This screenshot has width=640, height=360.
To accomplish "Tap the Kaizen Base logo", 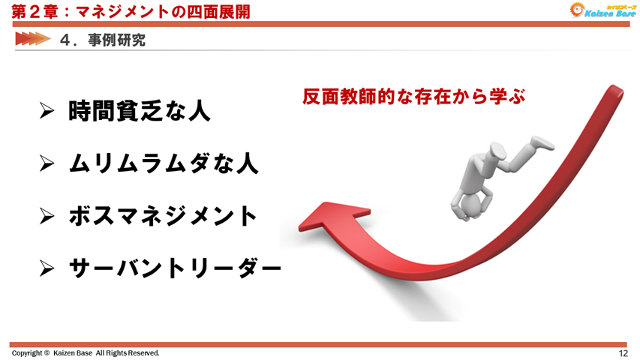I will [599, 10].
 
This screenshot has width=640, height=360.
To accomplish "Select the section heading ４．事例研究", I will [102, 40].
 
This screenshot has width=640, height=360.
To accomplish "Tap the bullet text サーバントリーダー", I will [174, 267].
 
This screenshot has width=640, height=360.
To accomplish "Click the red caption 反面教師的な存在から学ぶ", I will [413, 96].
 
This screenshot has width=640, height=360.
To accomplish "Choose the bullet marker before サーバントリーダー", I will [47, 267].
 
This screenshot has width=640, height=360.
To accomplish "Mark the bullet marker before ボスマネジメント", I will [47, 215].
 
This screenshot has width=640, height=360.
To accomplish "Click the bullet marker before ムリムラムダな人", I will [47, 163].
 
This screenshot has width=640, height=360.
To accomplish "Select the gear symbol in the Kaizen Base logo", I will [576, 10].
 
